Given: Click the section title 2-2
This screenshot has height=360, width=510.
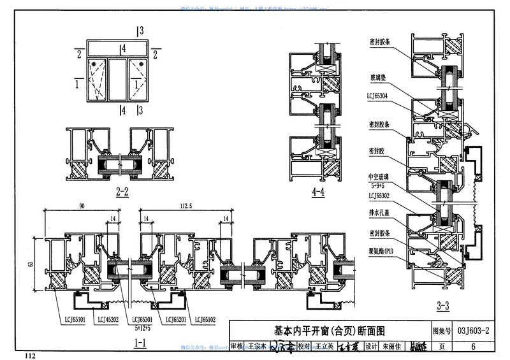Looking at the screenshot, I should pos(123,191).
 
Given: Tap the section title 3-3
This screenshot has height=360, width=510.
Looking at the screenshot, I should pos(442,306).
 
